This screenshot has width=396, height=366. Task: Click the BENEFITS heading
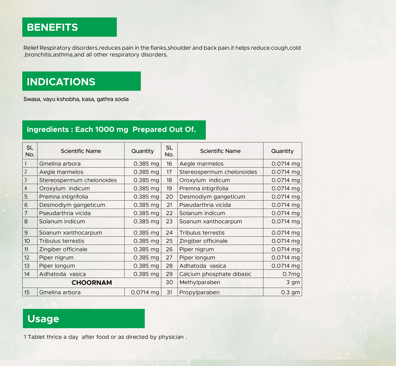pyautogui.click(x=52, y=27)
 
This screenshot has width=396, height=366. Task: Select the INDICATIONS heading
pyautogui.click(x=61, y=82)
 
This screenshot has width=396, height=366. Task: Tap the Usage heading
pyautogui.click(x=43, y=319)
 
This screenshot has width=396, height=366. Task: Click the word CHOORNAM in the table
pyautogui.click(x=92, y=283)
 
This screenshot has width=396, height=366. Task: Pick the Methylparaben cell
pyautogui.click(x=200, y=282)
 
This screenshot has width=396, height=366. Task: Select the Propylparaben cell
pyautogui.click(x=199, y=292)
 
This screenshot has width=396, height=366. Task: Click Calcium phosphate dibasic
pyautogui.click(x=215, y=274)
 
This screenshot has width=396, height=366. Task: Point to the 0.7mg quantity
pyautogui.click(x=291, y=274)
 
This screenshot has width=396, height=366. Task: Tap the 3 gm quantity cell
pyautogui.click(x=293, y=282)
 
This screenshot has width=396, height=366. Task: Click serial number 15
pyautogui.click(x=27, y=292)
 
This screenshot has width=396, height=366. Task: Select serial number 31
pyautogui.click(x=169, y=292)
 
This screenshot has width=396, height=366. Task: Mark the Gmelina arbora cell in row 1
pyautogui.click(x=60, y=164)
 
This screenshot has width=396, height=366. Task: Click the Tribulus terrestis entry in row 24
pyautogui.click(x=202, y=233)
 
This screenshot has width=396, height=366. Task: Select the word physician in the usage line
pyautogui.click(x=171, y=337)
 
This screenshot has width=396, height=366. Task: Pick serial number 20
pyautogui.click(x=169, y=197)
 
